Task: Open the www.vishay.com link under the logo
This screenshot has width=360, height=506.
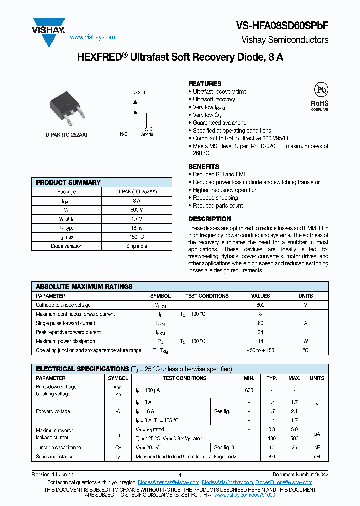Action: (x=92, y=37)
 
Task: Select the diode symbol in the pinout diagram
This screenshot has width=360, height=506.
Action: (x=135, y=102)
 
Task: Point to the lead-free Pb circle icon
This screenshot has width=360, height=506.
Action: (x=320, y=90)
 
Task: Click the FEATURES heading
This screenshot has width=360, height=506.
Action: (x=205, y=84)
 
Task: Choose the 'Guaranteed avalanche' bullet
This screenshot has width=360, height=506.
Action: (x=219, y=123)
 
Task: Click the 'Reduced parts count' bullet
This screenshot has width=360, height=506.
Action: (x=218, y=206)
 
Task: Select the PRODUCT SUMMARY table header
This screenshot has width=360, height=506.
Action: (x=68, y=182)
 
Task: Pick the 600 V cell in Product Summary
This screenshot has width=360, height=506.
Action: (x=137, y=210)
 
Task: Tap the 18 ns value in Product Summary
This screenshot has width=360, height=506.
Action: (x=137, y=228)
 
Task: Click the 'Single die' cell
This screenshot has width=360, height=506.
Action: (x=137, y=246)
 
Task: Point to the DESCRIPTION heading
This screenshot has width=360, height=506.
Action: (x=209, y=219)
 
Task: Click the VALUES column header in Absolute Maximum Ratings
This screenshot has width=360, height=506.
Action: (x=260, y=296)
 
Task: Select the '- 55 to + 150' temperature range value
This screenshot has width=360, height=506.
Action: (x=260, y=350)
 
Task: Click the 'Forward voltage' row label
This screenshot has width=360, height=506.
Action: (x=53, y=412)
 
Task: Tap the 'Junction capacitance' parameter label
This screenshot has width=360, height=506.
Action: (x=58, y=448)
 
